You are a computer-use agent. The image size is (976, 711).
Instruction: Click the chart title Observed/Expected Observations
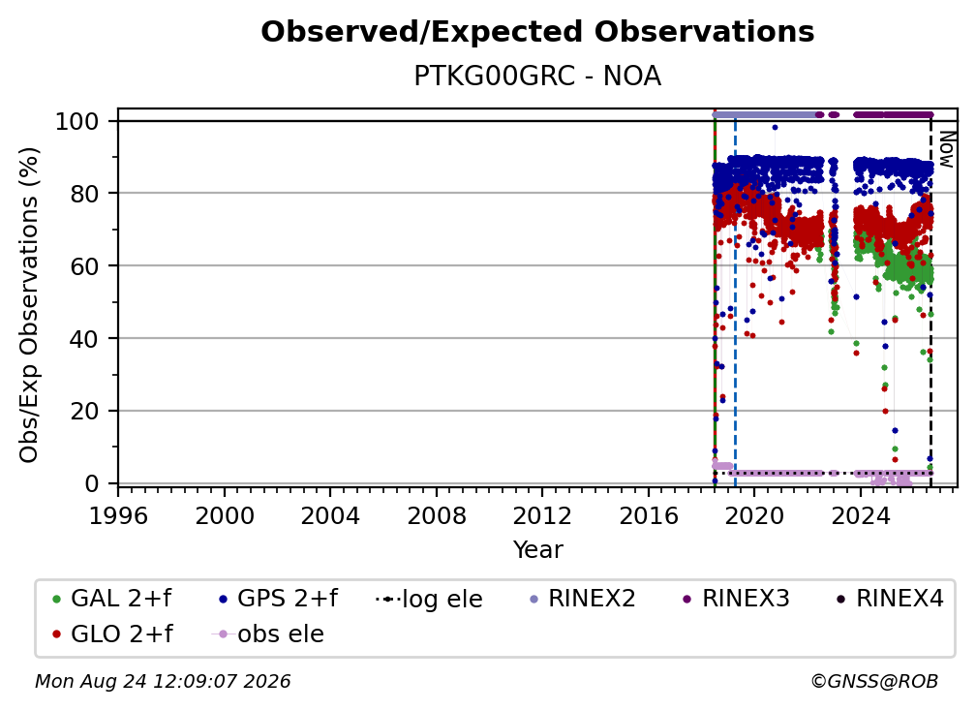click(x=537, y=32)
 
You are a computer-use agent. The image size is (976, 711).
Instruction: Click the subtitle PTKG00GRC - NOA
click(x=537, y=77)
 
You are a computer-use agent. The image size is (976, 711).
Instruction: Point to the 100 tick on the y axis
click(x=77, y=121)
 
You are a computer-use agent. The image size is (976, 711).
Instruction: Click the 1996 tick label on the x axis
click(x=118, y=516)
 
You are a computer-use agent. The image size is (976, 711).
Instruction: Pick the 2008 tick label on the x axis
click(x=437, y=516)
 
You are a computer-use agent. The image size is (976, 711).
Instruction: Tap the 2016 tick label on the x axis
click(x=649, y=516)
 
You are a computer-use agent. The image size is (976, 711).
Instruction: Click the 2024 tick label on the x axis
click(x=861, y=516)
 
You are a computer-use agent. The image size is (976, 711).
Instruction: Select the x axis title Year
click(x=537, y=550)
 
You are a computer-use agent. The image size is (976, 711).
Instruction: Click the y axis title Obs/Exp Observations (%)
click(x=29, y=305)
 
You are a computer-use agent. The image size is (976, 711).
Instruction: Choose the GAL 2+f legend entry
click(x=112, y=599)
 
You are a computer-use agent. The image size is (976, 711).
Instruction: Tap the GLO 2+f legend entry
click(x=112, y=634)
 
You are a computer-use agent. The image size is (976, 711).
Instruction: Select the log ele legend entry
click(x=429, y=599)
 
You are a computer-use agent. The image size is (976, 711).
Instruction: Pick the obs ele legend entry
click(x=267, y=634)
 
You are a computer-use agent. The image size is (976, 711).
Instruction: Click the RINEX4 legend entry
click(x=890, y=599)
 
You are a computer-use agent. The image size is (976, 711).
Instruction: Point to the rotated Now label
click(x=947, y=149)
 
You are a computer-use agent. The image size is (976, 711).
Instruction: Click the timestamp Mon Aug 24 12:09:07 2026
click(x=163, y=682)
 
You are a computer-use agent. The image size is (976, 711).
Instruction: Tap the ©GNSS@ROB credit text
click(x=874, y=682)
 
